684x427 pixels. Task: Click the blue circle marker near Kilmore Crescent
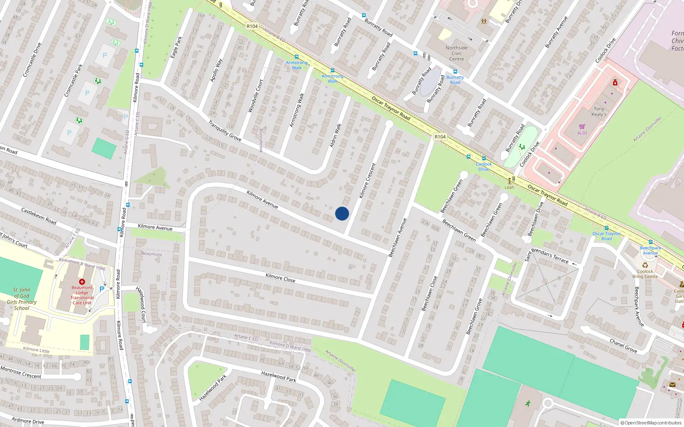coord(342,213)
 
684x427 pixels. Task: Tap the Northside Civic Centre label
coord(457,53)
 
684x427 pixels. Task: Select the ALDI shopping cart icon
coord(582,126)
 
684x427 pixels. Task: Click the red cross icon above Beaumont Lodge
coord(82,282)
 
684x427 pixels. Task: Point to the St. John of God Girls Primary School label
coord(21,299)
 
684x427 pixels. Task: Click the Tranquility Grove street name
coord(224,131)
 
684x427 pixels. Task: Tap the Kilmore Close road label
coord(280,278)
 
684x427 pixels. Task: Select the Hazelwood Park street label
coord(278,376)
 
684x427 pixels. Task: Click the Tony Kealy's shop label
coord(598,111)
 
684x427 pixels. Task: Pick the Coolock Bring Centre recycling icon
coord(645,265)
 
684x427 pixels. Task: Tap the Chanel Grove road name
coord(623,346)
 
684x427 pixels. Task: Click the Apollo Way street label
coord(216,70)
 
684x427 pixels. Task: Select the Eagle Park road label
coord(176,47)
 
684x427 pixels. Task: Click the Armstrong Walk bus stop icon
coord(296,57)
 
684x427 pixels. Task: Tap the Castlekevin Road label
coord(39,216)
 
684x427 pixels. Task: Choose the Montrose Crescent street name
coord(21,372)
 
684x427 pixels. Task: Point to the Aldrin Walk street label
coord(336,136)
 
